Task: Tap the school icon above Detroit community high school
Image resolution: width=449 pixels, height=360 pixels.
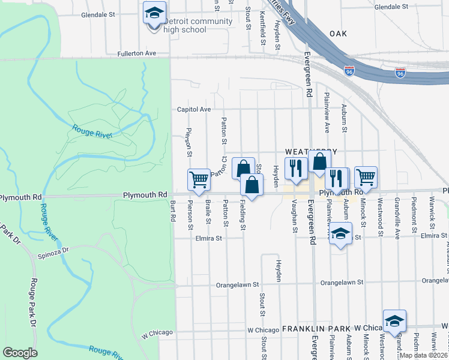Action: tap(154, 11)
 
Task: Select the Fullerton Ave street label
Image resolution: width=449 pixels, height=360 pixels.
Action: tap(137, 53)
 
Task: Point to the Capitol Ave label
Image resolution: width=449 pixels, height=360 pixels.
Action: tap(193, 110)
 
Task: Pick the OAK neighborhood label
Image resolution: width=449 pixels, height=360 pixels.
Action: tap(338, 34)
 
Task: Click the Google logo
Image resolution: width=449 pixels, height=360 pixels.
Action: tap(20, 353)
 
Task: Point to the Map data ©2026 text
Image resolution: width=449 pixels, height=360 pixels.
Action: tap(424, 355)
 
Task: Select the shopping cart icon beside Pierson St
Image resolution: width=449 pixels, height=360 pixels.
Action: tap(199, 179)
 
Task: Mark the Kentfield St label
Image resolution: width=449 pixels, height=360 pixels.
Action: tap(263, 30)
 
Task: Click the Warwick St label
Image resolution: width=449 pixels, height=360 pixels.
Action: tap(431, 221)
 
